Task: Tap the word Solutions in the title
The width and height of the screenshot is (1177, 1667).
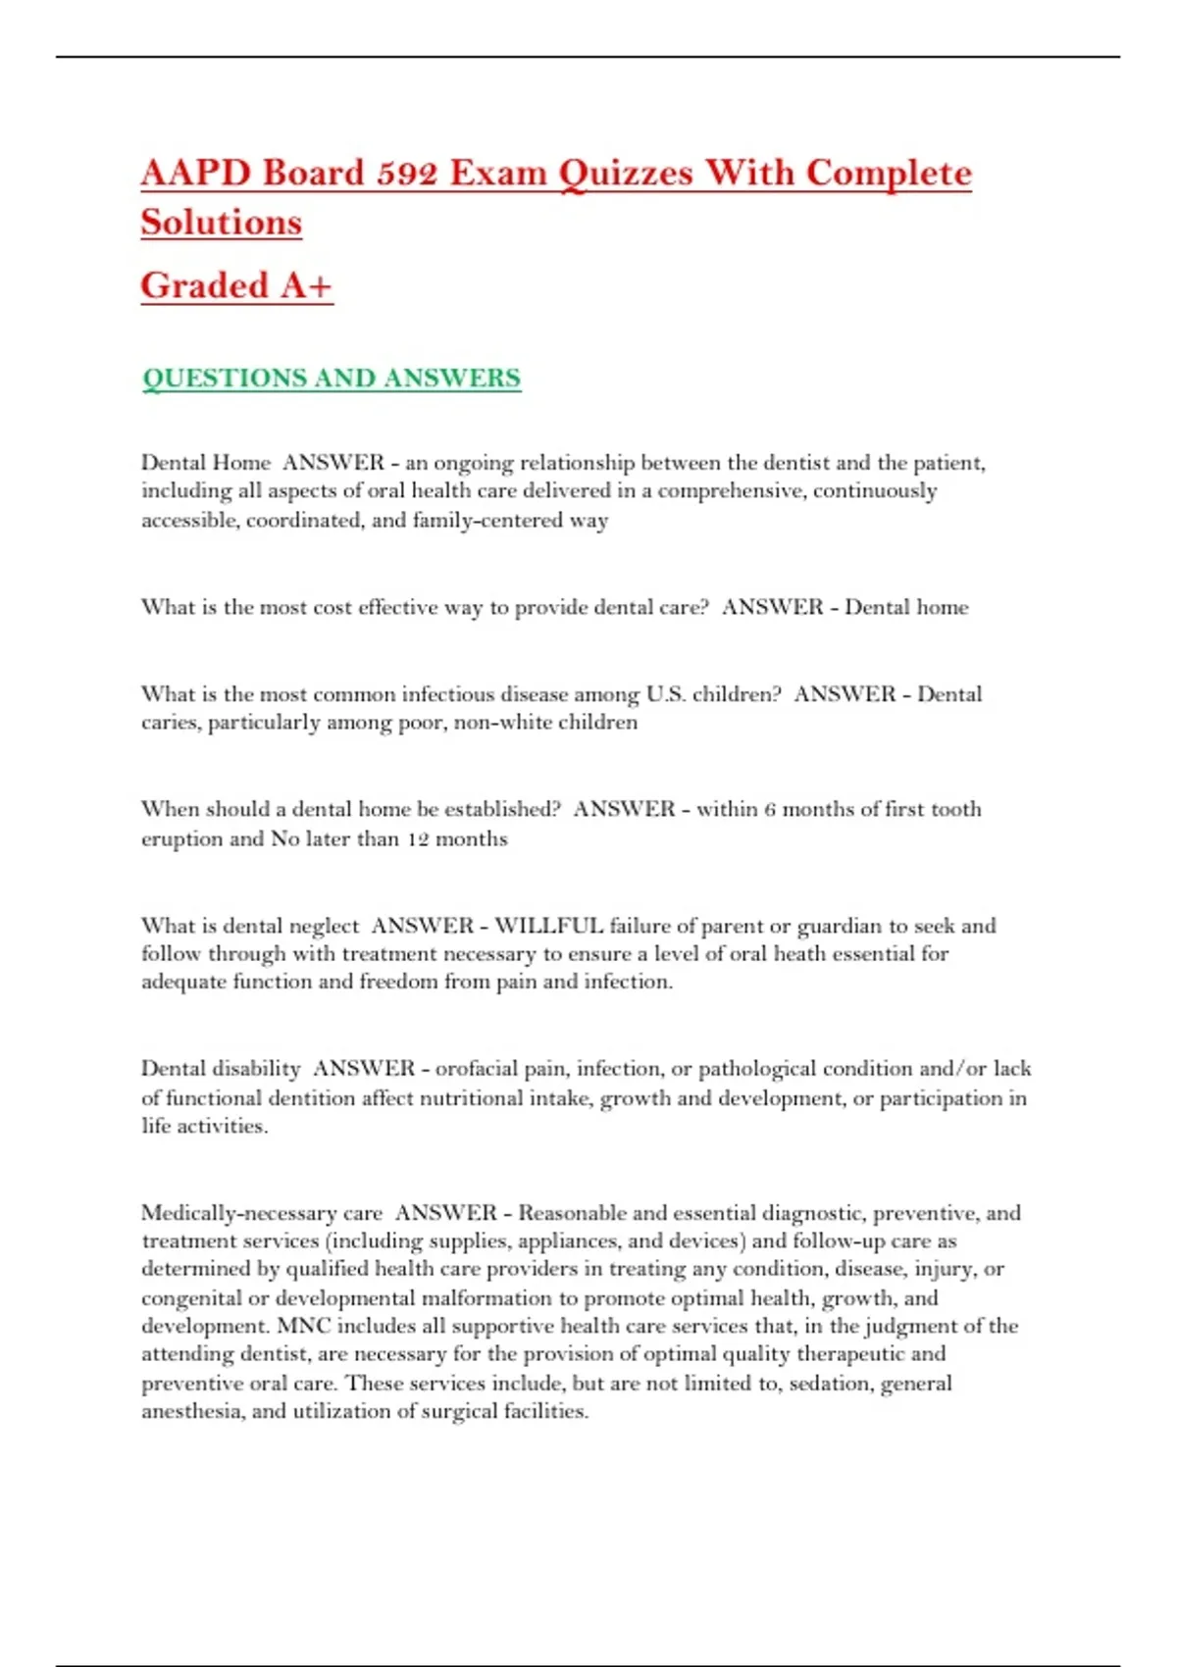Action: [x=221, y=223]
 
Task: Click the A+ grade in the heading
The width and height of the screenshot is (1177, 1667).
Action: [x=305, y=285]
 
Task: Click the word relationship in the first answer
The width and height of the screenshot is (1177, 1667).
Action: [x=578, y=462]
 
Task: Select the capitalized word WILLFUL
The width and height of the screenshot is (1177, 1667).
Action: [x=548, y=926]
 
